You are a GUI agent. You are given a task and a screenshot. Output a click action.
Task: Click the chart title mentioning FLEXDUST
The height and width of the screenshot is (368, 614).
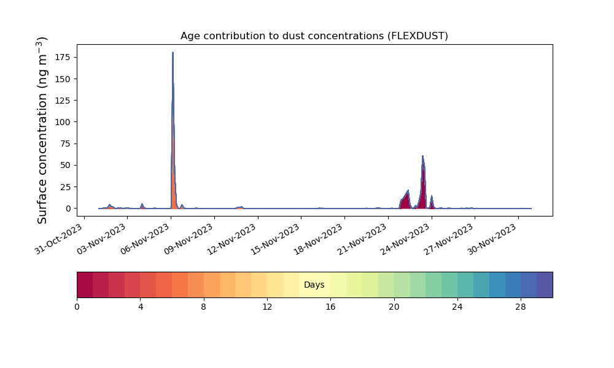click(x=314, y=36)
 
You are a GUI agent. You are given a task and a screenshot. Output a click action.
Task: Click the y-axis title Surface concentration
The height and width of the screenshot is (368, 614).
click(x=42, y=130)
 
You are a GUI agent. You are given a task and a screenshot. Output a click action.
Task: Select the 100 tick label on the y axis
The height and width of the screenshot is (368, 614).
click(x=63, y=122)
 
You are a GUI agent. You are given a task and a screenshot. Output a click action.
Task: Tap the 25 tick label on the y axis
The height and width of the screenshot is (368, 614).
click(x=66, y=187)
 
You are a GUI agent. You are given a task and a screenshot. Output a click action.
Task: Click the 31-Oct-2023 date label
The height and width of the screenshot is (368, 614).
click(x=59, y=239)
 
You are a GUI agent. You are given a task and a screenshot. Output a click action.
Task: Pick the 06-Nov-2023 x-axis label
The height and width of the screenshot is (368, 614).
click(x=146, y=239)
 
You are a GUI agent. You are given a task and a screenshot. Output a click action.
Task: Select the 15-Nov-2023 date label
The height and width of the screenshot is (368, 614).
click(x=275, y=239)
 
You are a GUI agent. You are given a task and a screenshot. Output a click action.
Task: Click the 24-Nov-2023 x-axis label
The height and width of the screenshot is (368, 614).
click(x=405, y=239)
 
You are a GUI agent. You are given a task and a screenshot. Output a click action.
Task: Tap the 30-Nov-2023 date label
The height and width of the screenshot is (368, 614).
click(x=492, y=239)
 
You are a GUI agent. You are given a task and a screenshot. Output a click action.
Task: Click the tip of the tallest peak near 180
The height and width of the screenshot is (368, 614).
click(x=173, y=52)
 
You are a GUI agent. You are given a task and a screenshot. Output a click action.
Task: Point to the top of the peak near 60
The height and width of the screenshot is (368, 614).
click(x=422, y=156)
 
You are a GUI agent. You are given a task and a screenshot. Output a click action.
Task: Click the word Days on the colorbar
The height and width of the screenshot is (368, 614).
click(x=314, y=285)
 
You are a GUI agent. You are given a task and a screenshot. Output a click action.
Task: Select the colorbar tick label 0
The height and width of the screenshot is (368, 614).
click(x=77, y=307)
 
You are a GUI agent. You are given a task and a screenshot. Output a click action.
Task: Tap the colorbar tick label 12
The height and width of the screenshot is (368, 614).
click(x=267, y=307)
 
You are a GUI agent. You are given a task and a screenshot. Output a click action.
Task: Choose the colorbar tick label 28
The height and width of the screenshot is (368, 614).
click(x=521, y=307)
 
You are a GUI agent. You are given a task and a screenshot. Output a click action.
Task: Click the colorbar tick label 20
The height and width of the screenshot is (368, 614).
click(x=394, y=307)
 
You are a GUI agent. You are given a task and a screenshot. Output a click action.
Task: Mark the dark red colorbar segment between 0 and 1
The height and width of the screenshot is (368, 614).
click(x=85, y=285)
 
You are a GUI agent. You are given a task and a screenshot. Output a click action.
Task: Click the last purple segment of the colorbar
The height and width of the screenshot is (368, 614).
click(x=545, y=285)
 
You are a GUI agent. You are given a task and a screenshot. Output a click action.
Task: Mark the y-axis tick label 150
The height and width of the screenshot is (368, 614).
click(x=63, y=79)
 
